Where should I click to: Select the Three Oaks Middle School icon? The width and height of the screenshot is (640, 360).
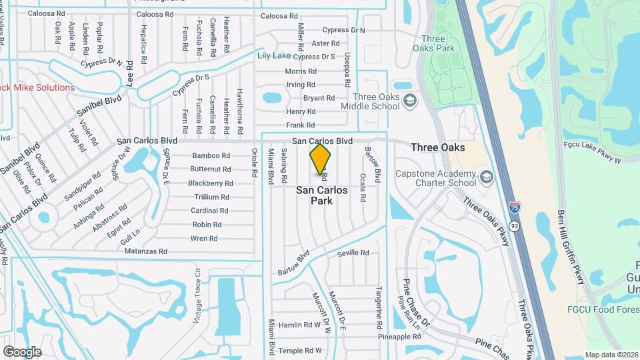(x=411, y=101)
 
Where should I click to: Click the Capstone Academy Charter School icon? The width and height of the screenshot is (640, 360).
(x=486, y=177)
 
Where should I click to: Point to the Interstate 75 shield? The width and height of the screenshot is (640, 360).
(x=513, y=208)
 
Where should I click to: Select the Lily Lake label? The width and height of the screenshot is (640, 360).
(x=274, y=56)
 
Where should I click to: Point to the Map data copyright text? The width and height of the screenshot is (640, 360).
(x=611, y=355)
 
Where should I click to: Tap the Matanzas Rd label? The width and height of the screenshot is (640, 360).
(x=145, y=251)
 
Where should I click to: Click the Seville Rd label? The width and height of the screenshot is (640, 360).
(x=353, y=253)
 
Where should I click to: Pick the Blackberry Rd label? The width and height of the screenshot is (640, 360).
(x=210, y=183)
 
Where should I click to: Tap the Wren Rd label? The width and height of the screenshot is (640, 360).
(x=204, y=238)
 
